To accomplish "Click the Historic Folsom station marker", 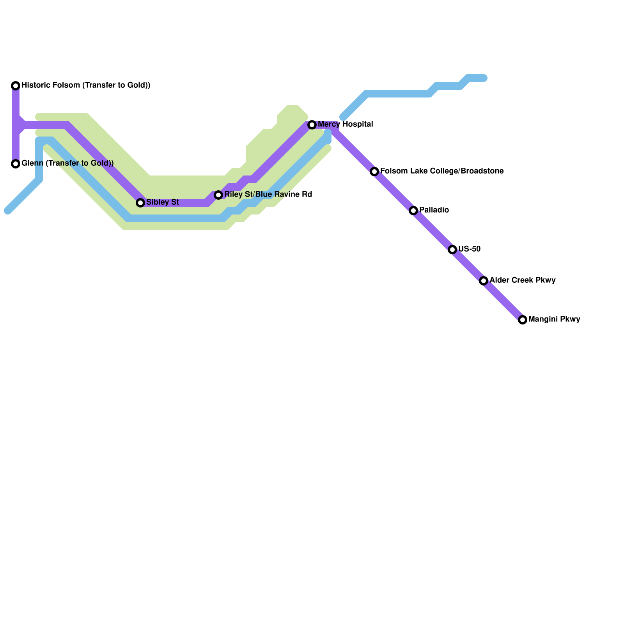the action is pos(16,86).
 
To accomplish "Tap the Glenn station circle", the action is pos(16,164).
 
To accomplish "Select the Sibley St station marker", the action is pos(140,203).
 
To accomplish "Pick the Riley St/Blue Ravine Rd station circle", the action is pos(218,195).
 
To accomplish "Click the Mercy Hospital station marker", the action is pos(312,125).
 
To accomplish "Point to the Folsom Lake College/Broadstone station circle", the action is pos(374,172).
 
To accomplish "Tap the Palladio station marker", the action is pos(413,211).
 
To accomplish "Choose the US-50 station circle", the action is pos(452,250).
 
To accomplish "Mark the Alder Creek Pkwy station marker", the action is pos(484,281).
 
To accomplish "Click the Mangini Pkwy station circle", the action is pos(523,320).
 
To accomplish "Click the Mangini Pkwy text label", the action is pos(554,319).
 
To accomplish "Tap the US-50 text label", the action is pos(469,249).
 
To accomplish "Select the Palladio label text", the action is pos(434,210).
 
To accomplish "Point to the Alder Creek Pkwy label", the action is pos(522,280).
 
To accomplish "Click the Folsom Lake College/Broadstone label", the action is pos(441,171).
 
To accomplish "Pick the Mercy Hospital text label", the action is pos(345,124).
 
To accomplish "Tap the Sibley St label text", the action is pos(162,202).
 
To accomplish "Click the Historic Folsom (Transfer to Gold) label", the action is pos(86,85).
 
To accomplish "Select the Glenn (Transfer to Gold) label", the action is pos(67,163).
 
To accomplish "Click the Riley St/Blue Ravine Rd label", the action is pos(268,195).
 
